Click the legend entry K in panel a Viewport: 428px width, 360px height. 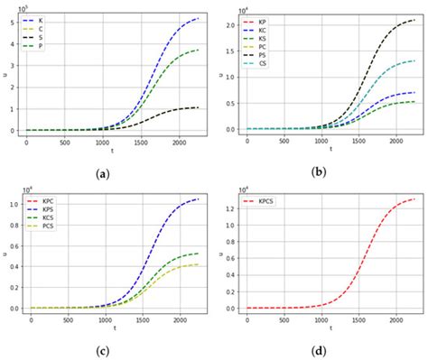pos(45,17)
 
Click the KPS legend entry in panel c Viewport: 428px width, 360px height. pos(49,207)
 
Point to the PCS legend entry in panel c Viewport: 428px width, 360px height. pos(49,225)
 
